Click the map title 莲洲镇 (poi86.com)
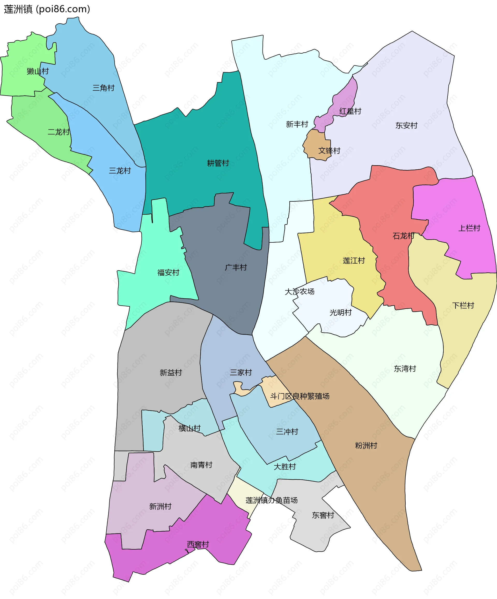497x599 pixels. click(47, 9)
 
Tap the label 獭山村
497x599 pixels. click(38, 71)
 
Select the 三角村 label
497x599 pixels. click(103, 88)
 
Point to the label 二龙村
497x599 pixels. click(59, 132)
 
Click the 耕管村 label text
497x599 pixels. click(218, 163)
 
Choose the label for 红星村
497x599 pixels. click(350, 111)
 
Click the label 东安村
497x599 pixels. click(406, 126)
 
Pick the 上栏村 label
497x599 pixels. click(469, 228)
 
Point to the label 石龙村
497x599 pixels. click(403, 236)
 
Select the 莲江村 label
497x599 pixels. click(354, 261)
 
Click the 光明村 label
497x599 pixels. click(340, 313)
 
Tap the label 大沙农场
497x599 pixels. click(299, 292)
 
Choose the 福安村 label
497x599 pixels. click(168, 273)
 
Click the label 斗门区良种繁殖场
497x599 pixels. click(300, 396)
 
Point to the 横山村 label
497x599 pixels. click(189, 428)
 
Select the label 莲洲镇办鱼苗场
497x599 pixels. click(272, 500)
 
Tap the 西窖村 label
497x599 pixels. click(198, 544)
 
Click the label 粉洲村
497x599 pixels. click(366, 445)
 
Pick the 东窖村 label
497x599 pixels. click(323, 515)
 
